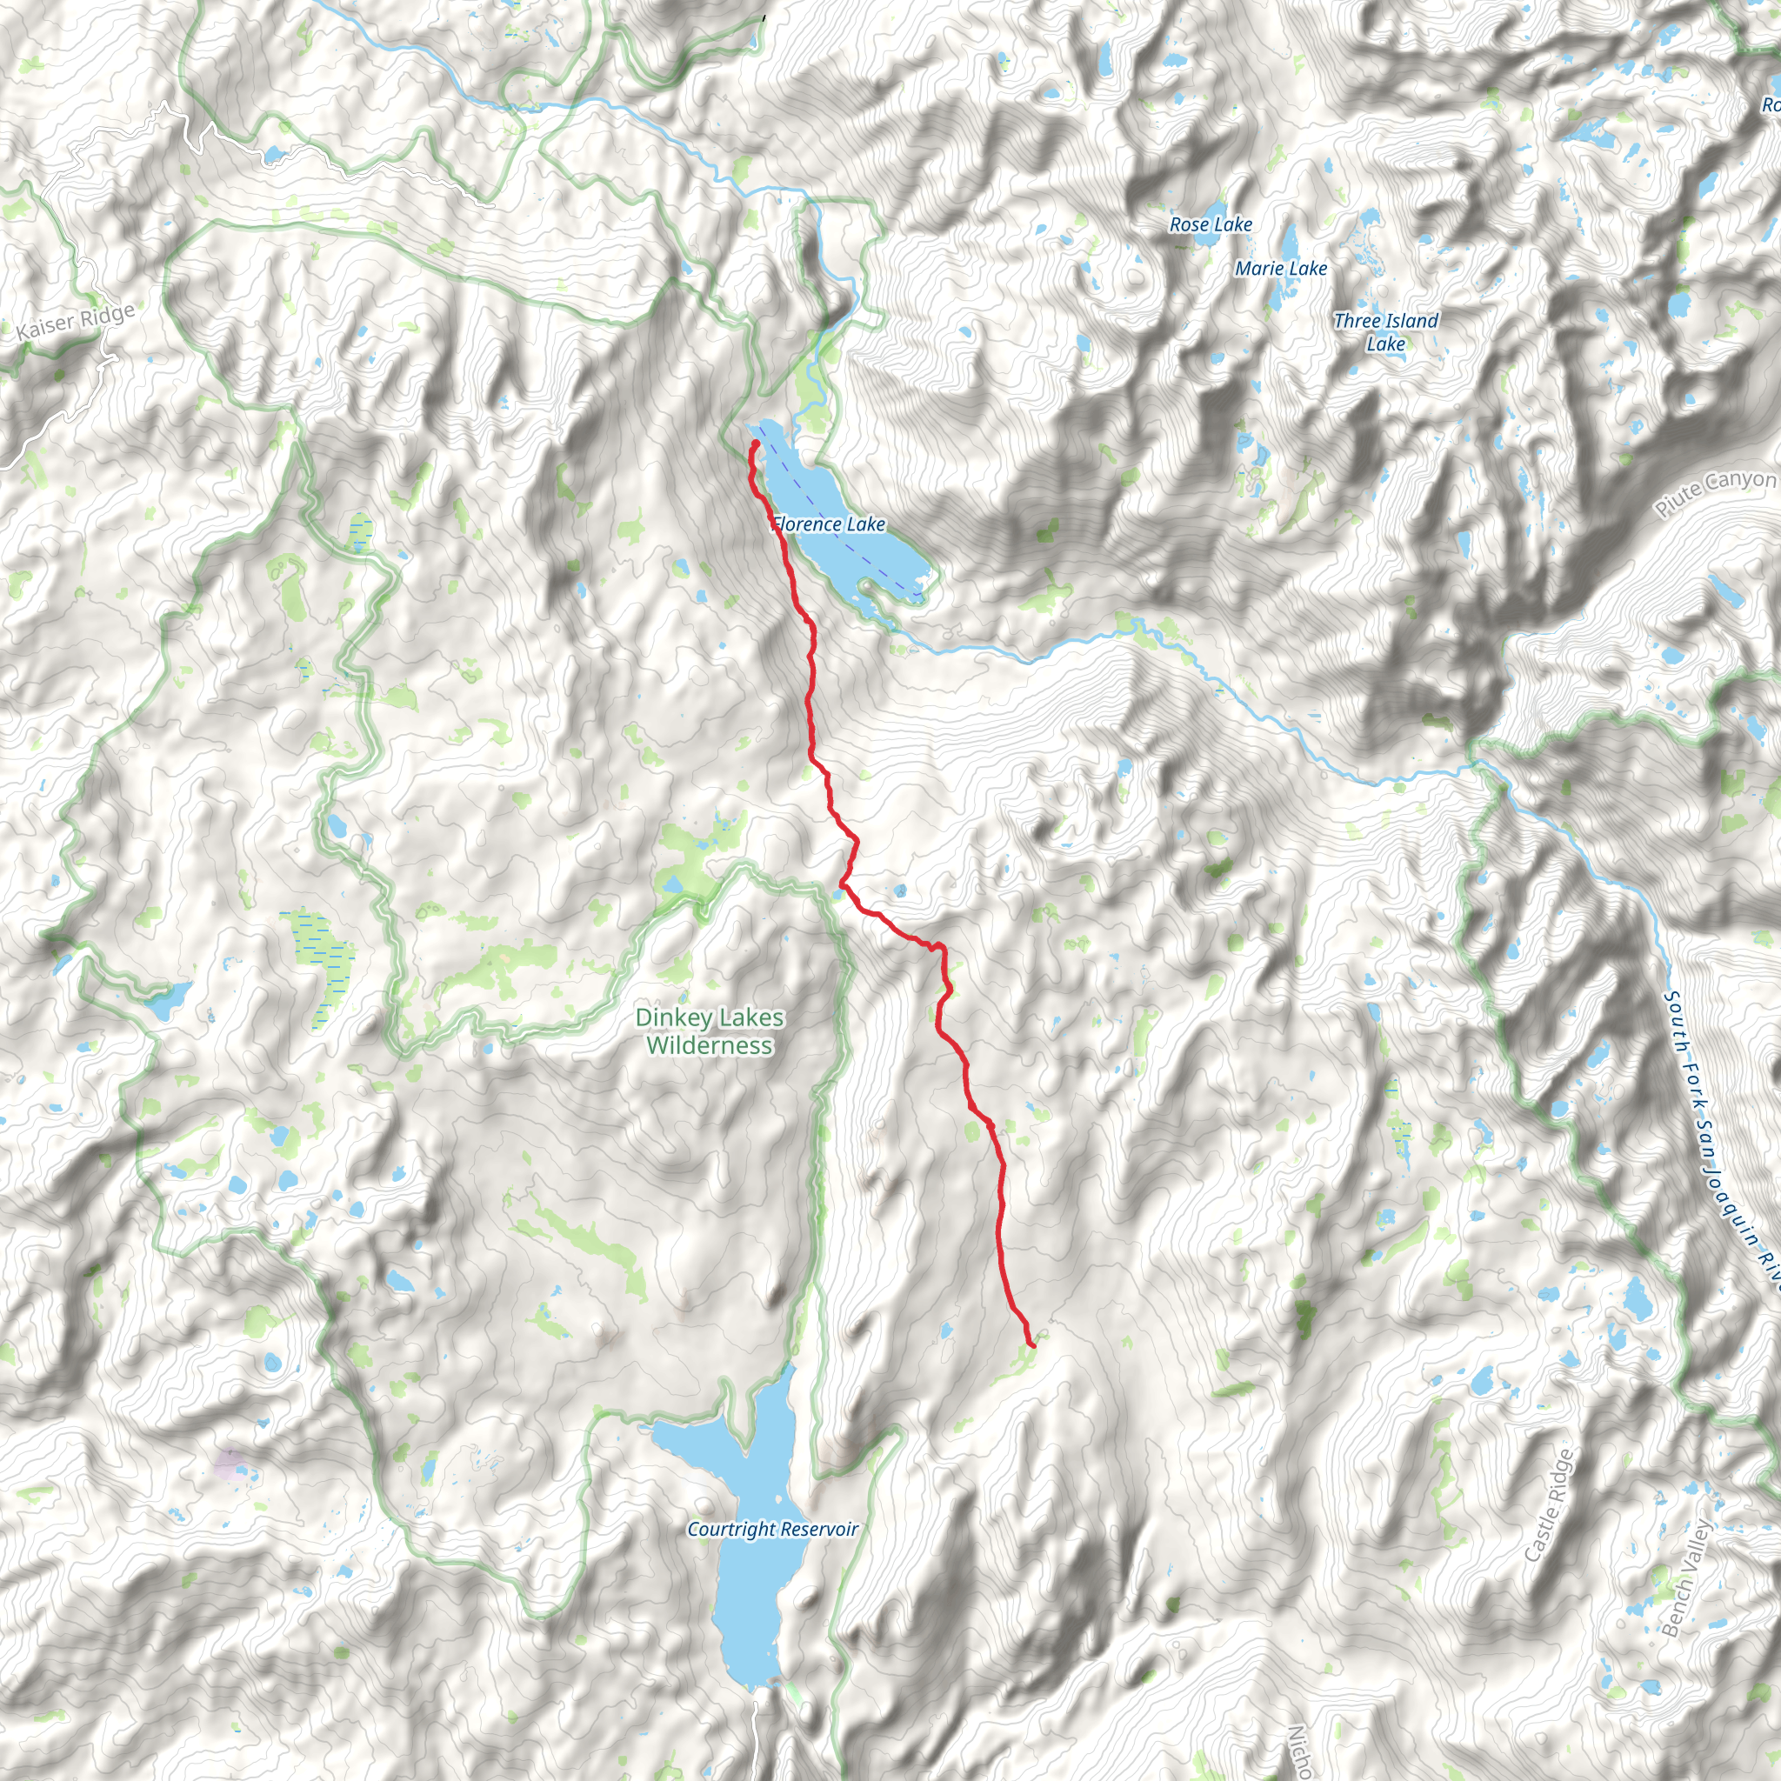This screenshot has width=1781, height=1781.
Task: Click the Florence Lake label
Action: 829,524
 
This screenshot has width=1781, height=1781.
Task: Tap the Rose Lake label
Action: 1211,224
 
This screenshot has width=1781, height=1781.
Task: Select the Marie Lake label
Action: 1280,268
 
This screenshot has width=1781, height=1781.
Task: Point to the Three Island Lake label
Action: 1385,332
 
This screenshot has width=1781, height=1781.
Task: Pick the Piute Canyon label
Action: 1715,493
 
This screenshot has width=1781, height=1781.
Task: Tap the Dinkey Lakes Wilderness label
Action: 709,1031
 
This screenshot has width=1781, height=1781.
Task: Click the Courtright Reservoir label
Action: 772,1529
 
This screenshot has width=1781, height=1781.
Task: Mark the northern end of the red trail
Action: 755,444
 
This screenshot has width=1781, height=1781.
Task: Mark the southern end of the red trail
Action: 1031,1346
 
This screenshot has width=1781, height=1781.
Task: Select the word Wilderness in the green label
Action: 709,1045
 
